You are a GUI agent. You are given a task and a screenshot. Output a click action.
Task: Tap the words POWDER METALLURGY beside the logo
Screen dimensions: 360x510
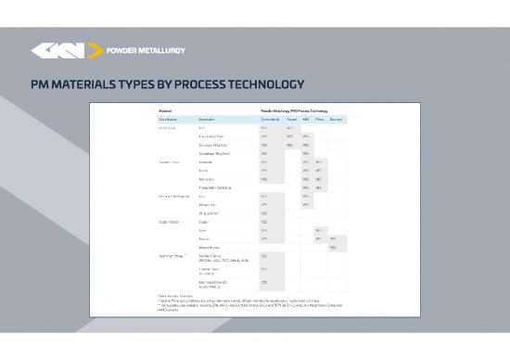pyautogui.click(x=147, y=51)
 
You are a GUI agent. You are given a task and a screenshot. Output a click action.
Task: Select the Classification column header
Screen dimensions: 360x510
pyautogui.click(x=168, y=120)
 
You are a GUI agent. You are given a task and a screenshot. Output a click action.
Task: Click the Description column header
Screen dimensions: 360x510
pyautogui.click(x=212, y=120)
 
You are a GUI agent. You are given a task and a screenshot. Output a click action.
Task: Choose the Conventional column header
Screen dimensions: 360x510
pyautogui.click(x=270, y=120)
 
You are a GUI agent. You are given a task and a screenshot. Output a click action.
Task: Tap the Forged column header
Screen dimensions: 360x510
pyautogui.click(x=291, y=120)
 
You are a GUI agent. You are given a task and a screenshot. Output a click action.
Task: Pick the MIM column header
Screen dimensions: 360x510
pyautogui.click(x=306, y=120)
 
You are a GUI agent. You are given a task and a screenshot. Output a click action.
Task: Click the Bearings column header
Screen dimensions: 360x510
pyautogui.click(x=335, y=120)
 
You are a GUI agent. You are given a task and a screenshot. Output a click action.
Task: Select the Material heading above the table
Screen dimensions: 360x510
pyautogui.click(x=162, y=110)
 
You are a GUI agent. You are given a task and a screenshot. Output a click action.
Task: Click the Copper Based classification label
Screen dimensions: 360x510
pyautogui.click(x=168, y=222)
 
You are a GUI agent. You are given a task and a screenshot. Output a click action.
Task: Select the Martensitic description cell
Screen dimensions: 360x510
pyautogui.click(x=210, y=178)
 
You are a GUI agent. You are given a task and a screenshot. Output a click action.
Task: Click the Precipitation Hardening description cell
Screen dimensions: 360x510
pyautogui.click(x=219, y=186)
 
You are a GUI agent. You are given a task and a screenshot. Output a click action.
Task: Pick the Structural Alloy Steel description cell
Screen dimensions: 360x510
pyautogui.click(x=217, y=145)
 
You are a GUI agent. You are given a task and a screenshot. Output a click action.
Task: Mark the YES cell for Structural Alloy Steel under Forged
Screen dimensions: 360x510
pyautogui.click(x=290, y=145)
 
